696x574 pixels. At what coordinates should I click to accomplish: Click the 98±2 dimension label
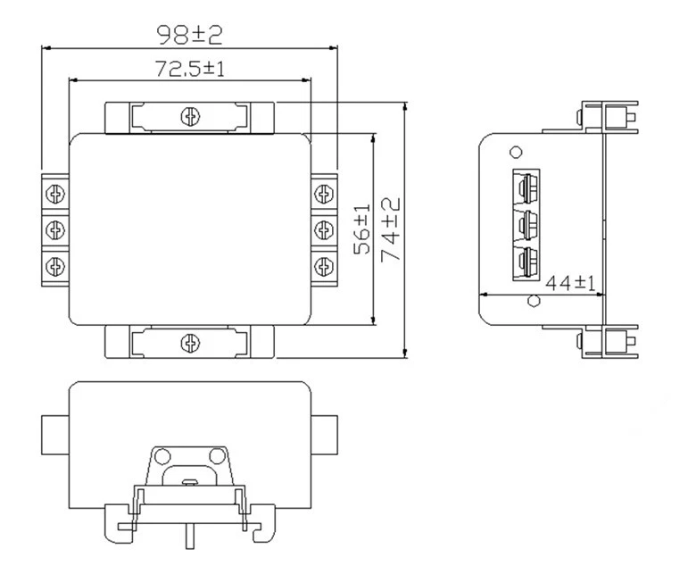click(x=189, y=35)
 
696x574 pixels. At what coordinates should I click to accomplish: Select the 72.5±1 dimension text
click(x=189, y=68)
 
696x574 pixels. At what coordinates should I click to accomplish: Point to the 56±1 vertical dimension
click(x=361, y=229)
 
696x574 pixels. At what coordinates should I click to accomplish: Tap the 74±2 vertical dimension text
click(x=390, y=229)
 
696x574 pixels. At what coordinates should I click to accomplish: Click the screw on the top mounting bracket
click(x=189, y=115)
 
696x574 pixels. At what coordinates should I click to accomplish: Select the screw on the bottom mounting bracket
click(x=189, y=342)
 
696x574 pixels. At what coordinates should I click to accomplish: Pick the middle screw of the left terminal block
click(x=55, y=229)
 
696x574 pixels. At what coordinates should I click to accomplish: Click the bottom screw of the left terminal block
click(x=55, y=265)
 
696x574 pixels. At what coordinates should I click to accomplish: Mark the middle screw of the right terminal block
click(x=323, y=229)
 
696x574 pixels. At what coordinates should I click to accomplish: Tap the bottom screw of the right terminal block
click(x=323, y=265)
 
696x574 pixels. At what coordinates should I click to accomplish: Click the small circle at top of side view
click(x=515, y=151)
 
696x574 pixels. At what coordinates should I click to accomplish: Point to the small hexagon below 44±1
click(x=533, y=300)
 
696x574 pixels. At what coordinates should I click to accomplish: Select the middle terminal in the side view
click(x=526, y=223)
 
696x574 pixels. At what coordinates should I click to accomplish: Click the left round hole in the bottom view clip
click(x=163, y=456)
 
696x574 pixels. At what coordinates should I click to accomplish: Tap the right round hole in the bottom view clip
click(x=213, y=456)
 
